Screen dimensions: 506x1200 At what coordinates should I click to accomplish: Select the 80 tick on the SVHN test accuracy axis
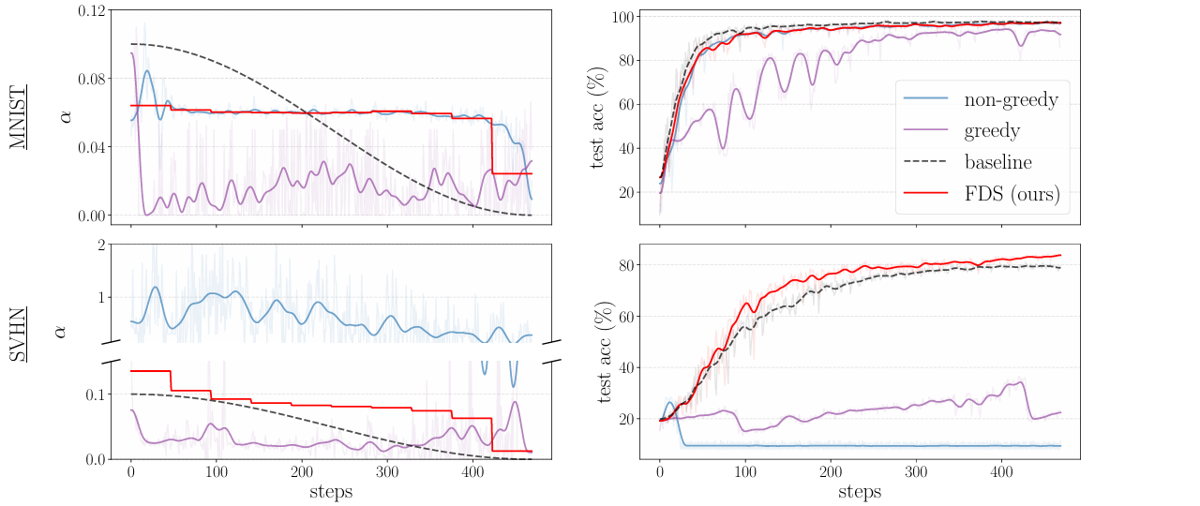pos(628,265)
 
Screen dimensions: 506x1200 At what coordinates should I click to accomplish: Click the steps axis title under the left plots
pos(331,491)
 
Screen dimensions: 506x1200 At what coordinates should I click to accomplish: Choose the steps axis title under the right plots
pos(860,491)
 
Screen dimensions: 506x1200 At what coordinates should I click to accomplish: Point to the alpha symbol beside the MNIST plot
pos(65,116)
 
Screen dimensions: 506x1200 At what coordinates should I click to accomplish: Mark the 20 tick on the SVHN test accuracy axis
pos(628,419)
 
